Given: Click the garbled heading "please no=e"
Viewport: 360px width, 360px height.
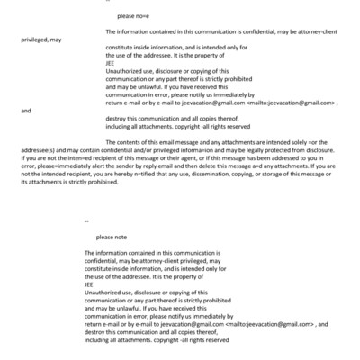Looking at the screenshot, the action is (x=131, y=17).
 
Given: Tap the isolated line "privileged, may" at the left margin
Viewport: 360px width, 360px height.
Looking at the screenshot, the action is (x=40, y=40).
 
